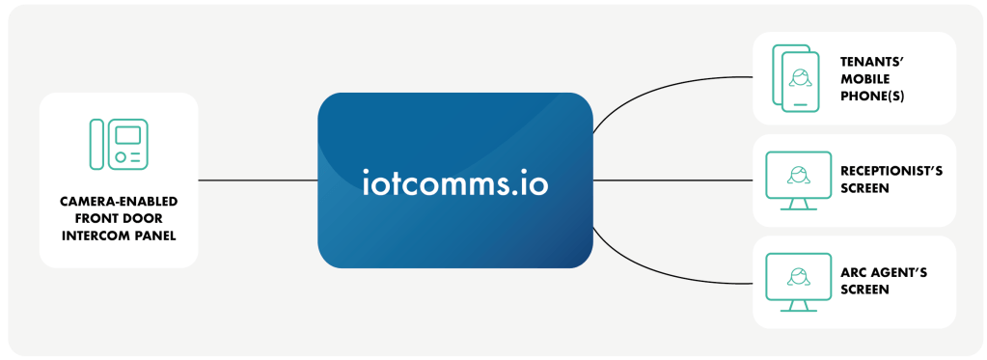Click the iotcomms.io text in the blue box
click(454, 180)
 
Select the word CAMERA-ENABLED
click(119, 203)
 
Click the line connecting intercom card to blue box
click(258, 180)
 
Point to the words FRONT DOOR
click(119, 218)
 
